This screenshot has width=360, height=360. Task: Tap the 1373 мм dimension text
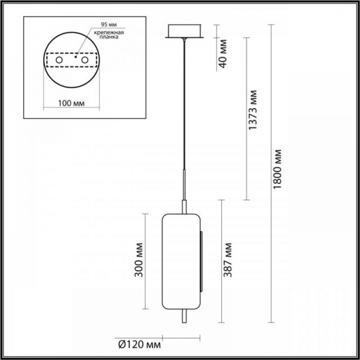(x=255, y=112)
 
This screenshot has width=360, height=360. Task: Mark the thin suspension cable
(x=183, y=108)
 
